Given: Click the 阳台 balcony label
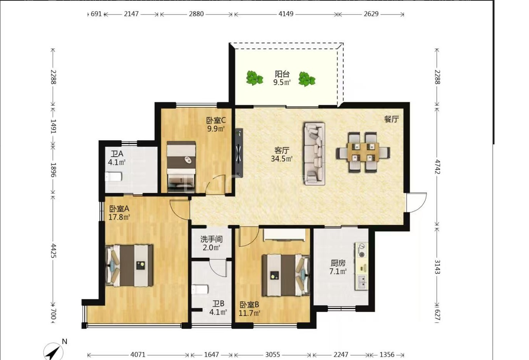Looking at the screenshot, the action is (x=282, y=74).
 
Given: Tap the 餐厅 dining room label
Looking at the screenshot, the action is (x=391, y=119).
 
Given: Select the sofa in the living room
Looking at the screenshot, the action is (x=314, y=154).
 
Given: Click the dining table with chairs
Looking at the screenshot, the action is (x=363, y=152).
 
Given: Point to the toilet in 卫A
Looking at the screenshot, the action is (x=113, y=177).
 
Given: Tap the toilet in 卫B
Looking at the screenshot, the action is (x=200, y=290).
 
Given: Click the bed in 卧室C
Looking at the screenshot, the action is (x=181, y=167).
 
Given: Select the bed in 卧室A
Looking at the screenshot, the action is (x=129, y=266).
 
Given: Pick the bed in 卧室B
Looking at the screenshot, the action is (x=286, y=275).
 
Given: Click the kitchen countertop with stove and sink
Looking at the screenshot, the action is (x=361, y=266).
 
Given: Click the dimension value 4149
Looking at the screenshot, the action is (x=286, y=14).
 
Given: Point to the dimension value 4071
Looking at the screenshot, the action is (x=138, y=355).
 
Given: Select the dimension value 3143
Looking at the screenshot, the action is (x=437, y=267).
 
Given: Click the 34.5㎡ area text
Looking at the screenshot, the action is (x=282, y=159).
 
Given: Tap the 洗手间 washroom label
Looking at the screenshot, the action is (x=211, y=239).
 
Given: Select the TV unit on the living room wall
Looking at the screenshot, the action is (x=239, y=153).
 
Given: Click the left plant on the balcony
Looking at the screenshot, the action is (x=255, y=78).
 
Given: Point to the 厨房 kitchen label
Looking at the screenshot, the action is (x=338, y=263).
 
